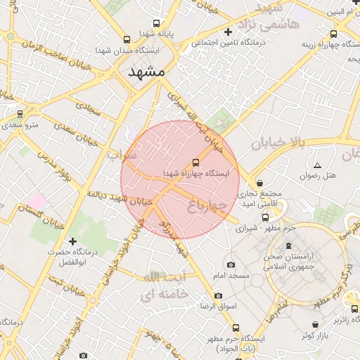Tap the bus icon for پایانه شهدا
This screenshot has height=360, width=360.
click(x=155, y=22)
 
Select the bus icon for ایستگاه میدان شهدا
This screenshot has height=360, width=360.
click(x=127, y=40)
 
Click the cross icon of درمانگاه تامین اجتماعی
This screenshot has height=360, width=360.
click(x=228, y=32)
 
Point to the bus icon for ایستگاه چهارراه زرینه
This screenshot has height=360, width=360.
click(x=333, y=33)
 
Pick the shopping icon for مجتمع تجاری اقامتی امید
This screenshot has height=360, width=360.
click(x=260, y=183)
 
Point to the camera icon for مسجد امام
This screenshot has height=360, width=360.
click(x=231, y=265)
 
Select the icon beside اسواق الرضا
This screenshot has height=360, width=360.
click(x=218, y=295)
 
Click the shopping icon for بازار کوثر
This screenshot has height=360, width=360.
click(x=317, y=324)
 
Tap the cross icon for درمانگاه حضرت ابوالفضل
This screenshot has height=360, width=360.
click(x=72, y=241)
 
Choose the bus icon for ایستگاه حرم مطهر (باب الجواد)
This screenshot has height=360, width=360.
click(x=236, y=328)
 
